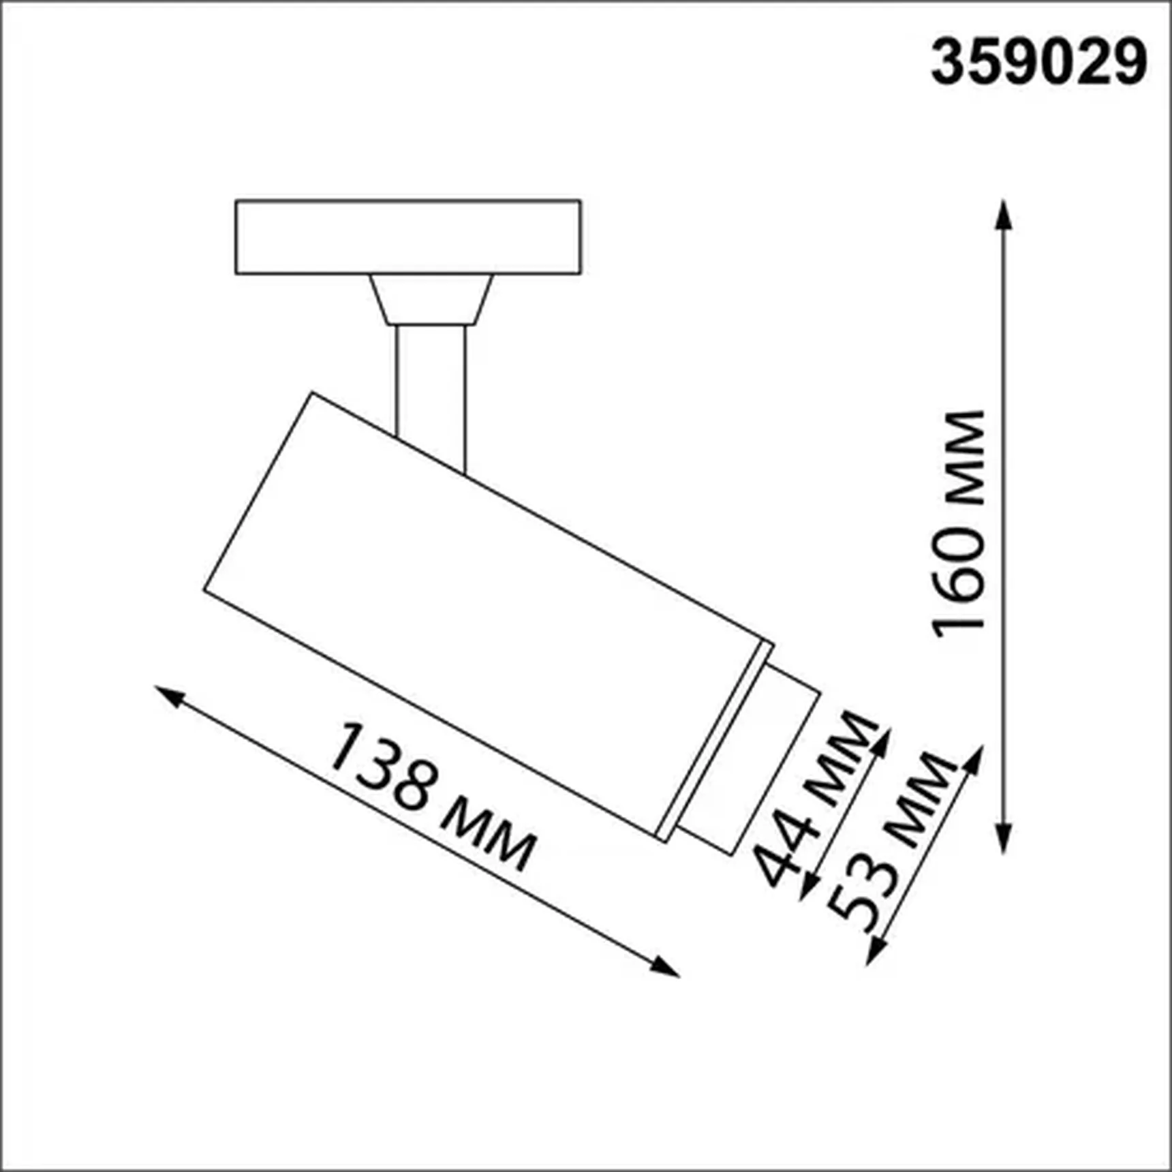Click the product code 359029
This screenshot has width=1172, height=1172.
point(1038,62)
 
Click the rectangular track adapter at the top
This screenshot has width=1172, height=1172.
point(407,237)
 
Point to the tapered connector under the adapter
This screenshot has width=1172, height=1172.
point(431,299)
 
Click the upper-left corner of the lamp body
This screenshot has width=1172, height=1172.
point(313,395)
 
